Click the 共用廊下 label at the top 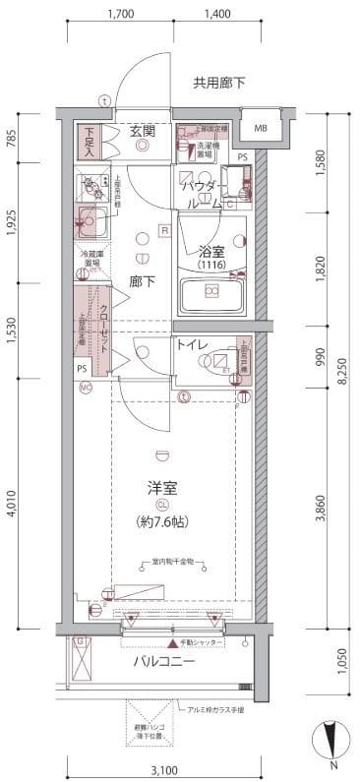tap(219, 84)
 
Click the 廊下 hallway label tap(143, 280)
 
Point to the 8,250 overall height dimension tap(340, 375)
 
